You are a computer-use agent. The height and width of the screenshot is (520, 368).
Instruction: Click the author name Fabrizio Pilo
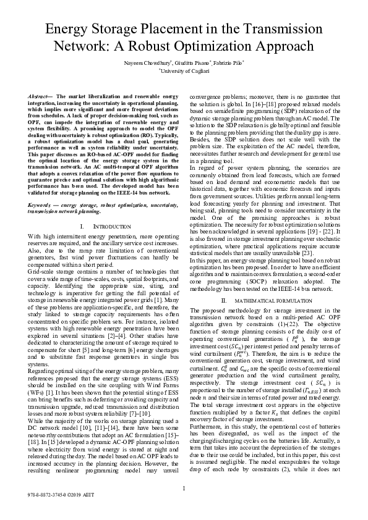229,63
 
